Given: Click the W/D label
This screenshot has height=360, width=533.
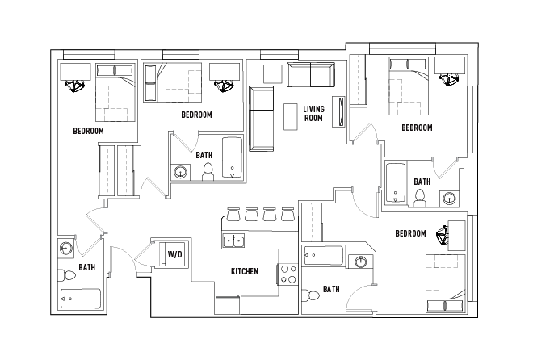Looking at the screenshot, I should coord(174,254).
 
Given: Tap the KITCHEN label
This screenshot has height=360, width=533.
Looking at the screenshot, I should coord(245,271).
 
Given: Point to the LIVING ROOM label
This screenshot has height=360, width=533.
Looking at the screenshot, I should coord(313,113).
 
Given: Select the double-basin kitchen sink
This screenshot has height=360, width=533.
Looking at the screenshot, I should coord(234,241).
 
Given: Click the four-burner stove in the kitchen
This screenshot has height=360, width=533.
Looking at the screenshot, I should coord(288,274).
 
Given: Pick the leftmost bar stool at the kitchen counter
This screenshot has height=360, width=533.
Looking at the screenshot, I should coord(234,215).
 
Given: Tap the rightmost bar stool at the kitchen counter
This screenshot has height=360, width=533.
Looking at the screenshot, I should coord(287,215).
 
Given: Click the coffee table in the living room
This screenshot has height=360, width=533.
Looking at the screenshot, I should coord(290,115).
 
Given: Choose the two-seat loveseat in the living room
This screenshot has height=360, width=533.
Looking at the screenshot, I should coord(310,75).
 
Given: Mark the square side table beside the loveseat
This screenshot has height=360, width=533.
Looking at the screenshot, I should coord(272,73).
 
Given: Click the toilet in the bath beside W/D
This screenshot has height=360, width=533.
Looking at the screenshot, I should coord(69,276).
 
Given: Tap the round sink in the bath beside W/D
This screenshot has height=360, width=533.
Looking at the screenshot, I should coord(67,248).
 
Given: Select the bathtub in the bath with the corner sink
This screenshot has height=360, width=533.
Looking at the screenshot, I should coord(325,257).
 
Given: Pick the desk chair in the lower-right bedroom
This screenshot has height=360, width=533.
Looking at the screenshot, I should coord(443,237).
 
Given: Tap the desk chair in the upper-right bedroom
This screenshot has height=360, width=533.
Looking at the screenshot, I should coord(448,78).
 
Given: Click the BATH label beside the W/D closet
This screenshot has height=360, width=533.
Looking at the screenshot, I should coord(87,267).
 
